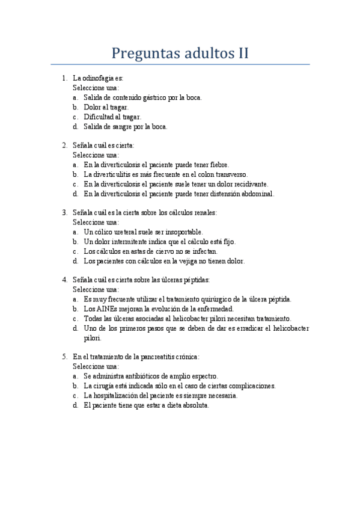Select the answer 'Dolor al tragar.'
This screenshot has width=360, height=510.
(106, 107)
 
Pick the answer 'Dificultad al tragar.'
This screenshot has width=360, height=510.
(112, 117)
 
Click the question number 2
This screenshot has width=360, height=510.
(64, 146)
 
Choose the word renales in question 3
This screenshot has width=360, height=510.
(204, 213)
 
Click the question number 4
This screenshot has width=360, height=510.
(64, 280)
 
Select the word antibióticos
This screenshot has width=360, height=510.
(137, 376)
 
